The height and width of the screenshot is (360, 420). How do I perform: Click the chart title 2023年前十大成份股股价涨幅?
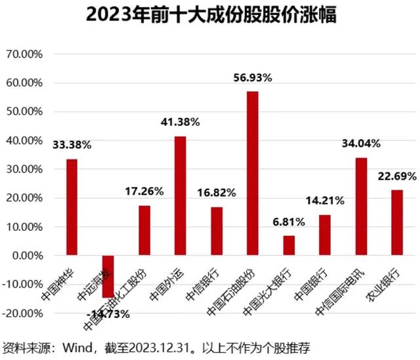coord(210,15)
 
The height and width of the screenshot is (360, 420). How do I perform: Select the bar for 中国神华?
coord(72,207)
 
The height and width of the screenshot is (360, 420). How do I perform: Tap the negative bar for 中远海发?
coord(108,276)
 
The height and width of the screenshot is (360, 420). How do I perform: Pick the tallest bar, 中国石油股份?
coord(253,173)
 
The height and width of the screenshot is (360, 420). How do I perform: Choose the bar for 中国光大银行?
coord(289,245)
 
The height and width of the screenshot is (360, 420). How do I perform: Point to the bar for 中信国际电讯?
coord(361,206)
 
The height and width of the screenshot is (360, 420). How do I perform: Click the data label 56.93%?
coord(253,78)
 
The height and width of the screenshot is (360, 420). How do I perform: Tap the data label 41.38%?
coord(180,122)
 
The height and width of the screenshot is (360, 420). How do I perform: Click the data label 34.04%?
coord(361,144)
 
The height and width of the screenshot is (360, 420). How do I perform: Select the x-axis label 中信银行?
coord(212,283)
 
